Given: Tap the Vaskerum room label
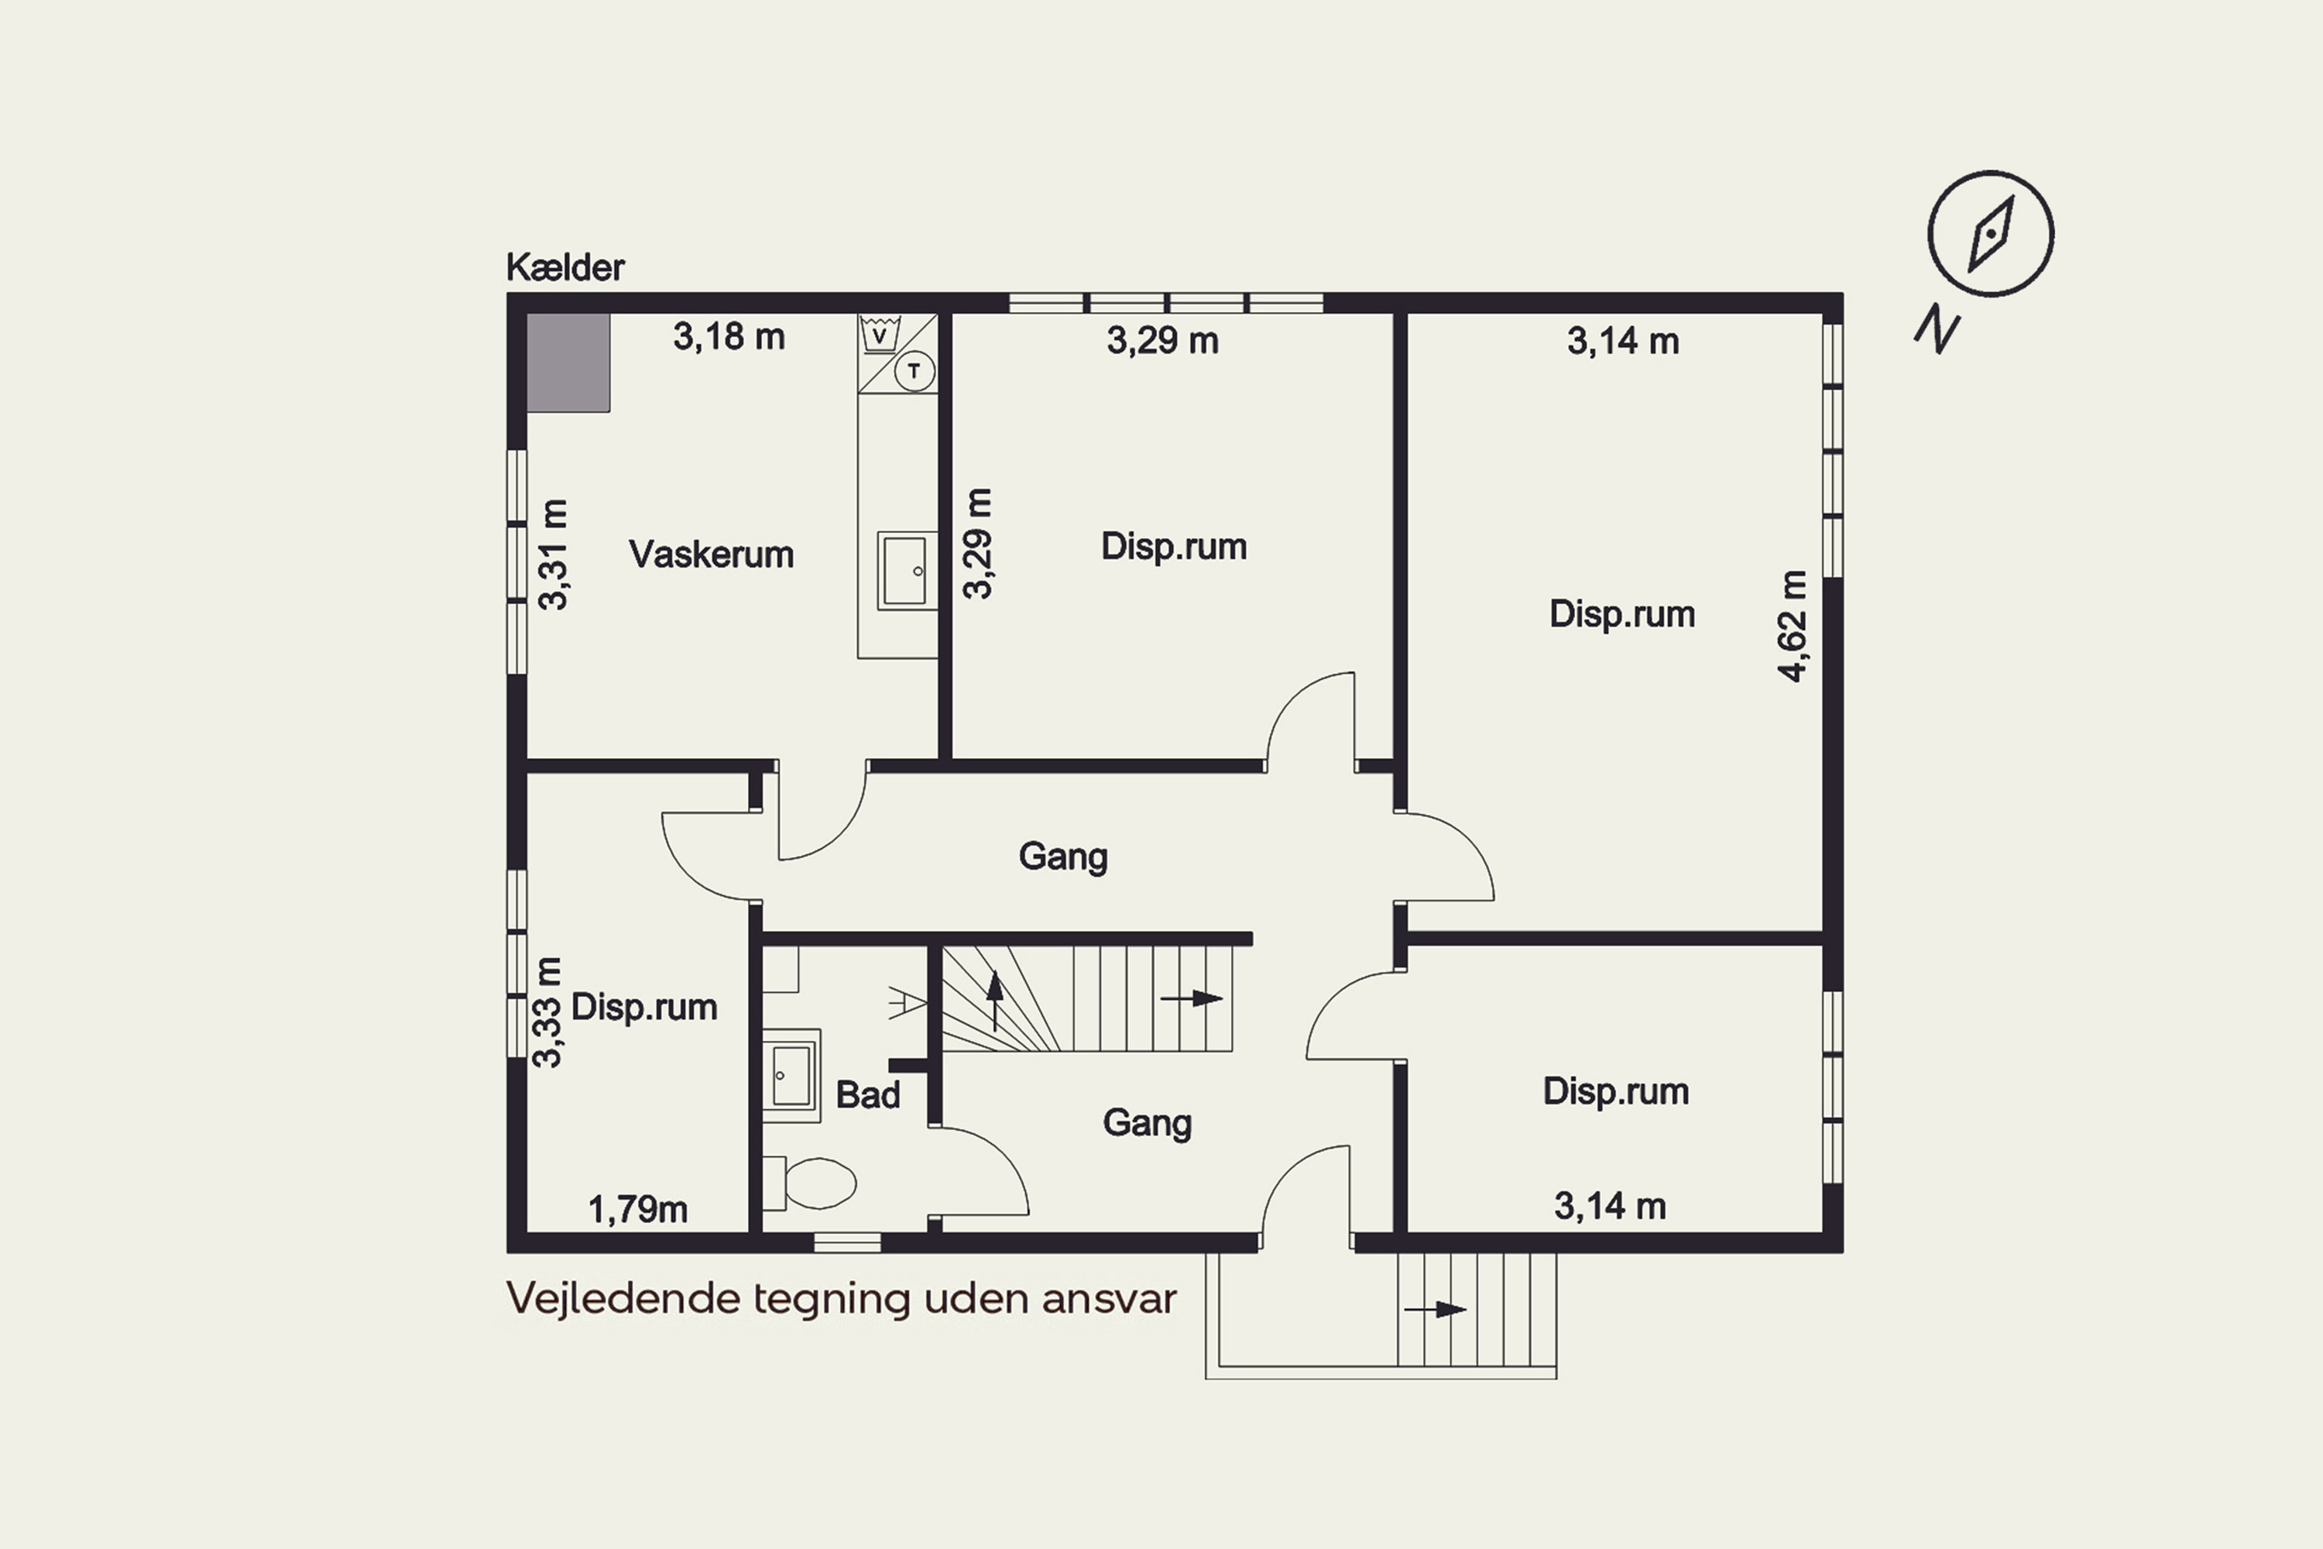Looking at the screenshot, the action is click(x=711, y=555).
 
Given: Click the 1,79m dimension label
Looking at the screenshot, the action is click(x=638, y=1209).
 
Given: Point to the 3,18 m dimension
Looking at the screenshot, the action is click(x=729, y=337).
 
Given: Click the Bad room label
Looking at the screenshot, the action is click(x=867, y=1094).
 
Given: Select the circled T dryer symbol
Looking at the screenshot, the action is click(x=914, y=372).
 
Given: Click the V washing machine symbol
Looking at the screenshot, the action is click(x=879, y=334).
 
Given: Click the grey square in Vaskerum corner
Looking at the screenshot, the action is click(x=568, y=362).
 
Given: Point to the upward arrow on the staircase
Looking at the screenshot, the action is click(x=994, y=1000).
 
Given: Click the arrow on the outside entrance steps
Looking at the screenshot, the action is click(x=1435, y=1310).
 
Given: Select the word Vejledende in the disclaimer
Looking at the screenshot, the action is click(x=624, y=1298).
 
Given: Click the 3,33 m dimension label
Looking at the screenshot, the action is click(x=547, y=1011).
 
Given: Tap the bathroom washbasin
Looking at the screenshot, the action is click(x=791, y=1075).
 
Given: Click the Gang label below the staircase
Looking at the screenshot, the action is click(x=1147, y=1123).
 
